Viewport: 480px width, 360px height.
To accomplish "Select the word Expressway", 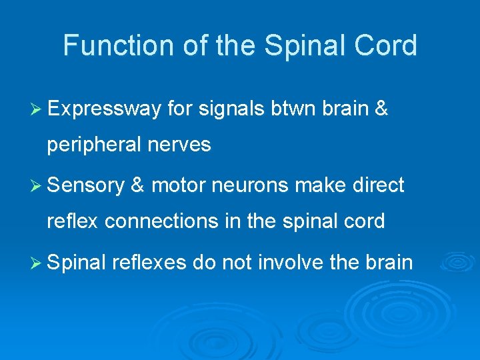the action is tap(104, 109).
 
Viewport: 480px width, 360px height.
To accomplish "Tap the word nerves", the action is tap(178, 145).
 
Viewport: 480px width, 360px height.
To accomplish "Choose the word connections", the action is tap(156, 221).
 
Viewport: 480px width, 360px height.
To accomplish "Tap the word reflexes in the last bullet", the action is tap(149, 263).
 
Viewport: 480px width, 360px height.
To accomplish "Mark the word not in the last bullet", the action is tap(237, 262).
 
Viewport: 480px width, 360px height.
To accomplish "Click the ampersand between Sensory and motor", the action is tap(139, 185).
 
